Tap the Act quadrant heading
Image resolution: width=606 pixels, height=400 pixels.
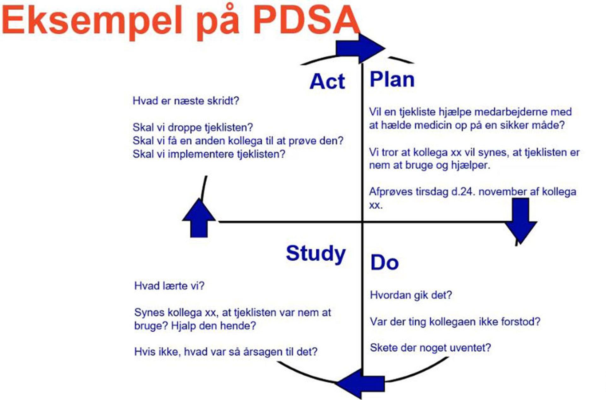[x=327, y=82]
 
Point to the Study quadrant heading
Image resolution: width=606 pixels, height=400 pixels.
[x=315, y=253]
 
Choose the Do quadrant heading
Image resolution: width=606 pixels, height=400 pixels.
[x=384, y=263]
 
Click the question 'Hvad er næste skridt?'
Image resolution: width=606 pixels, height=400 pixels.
[x=186, y=101]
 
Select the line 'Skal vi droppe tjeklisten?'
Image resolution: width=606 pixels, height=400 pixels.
[x=193, y=127]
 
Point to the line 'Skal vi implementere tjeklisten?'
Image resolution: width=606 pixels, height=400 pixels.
[x=209, y=154]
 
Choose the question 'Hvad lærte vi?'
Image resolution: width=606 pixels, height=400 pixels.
[x=169, y=286]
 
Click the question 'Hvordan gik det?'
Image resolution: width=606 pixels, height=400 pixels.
[x=411, y=295]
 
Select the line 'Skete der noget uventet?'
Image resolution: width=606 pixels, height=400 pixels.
[x=430, y=348]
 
